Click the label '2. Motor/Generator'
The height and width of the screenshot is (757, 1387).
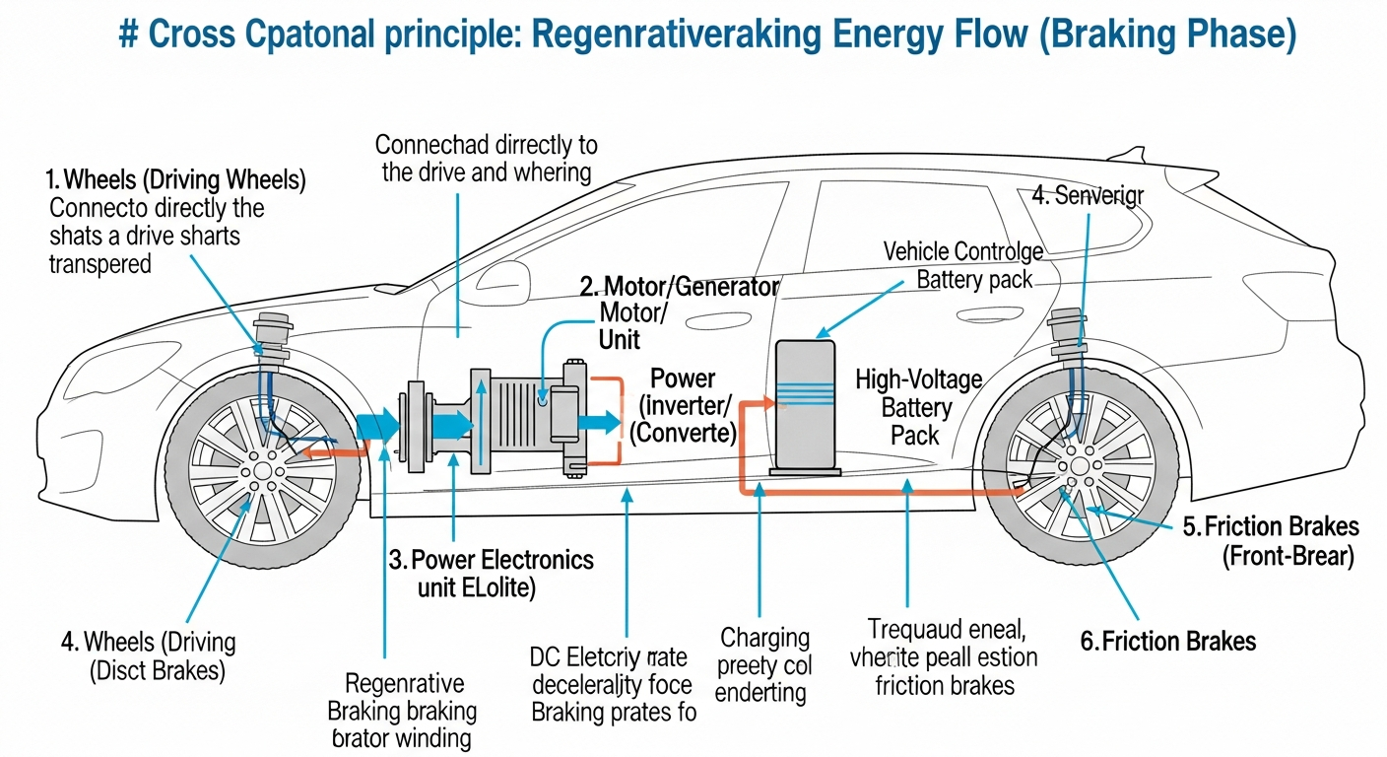tap(679, 287)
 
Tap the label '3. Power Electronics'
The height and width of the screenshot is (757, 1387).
tap(491, 561)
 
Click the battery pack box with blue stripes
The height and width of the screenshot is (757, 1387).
tap(805, 403)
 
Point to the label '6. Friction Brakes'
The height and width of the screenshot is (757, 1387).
tap(1167, 642)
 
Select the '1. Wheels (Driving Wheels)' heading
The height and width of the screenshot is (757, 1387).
tap(175, 180)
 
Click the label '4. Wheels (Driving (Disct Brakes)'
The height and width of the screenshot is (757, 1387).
tap(148, 656)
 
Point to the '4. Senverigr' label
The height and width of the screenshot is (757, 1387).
tap(1088, 195)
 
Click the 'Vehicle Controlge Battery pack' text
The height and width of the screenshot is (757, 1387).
tap(963, 265)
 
